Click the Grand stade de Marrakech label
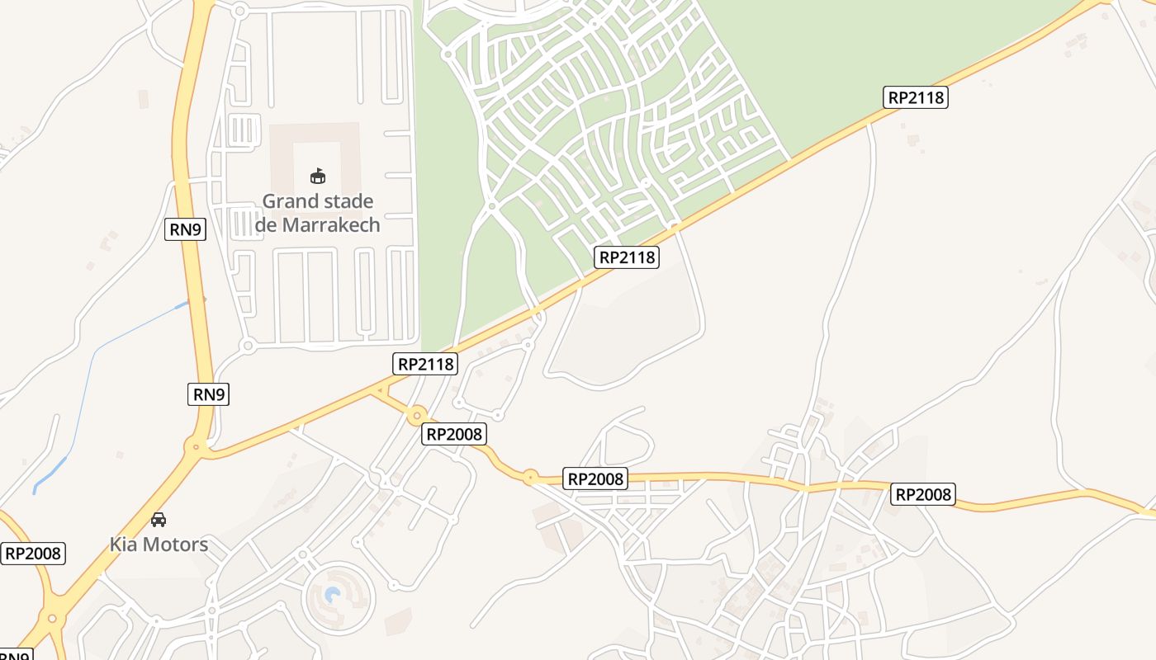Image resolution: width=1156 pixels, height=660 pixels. pos(318,213)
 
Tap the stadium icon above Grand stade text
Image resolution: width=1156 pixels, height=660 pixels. pos(318,176)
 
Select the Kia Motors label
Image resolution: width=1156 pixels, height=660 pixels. pos(159,544)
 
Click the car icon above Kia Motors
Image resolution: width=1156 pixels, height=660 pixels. pos(159,520)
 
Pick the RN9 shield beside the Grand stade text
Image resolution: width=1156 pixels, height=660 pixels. pos(186,229)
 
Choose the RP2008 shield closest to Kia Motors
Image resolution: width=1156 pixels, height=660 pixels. pos(33,553)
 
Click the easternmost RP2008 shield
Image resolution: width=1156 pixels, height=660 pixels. pos(923,494)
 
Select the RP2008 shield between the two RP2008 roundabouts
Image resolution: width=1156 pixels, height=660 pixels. pos(454,434)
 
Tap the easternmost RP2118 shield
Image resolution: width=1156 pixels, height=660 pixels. pos(915,97)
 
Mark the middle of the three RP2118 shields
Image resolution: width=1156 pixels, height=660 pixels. pos(627,257)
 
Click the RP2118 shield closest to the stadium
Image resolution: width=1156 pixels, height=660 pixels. pos(425,363)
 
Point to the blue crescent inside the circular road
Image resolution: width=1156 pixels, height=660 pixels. pos(333,595)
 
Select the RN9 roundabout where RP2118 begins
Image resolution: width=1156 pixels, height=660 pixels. pos(197,448)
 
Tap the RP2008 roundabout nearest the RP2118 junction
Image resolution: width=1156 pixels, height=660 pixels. pos(416,415)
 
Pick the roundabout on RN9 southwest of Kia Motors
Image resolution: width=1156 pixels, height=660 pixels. pos(53,617)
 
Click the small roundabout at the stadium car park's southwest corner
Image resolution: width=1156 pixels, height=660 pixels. pos(247,346)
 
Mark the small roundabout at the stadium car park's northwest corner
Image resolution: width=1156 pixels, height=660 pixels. pos(240,11)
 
